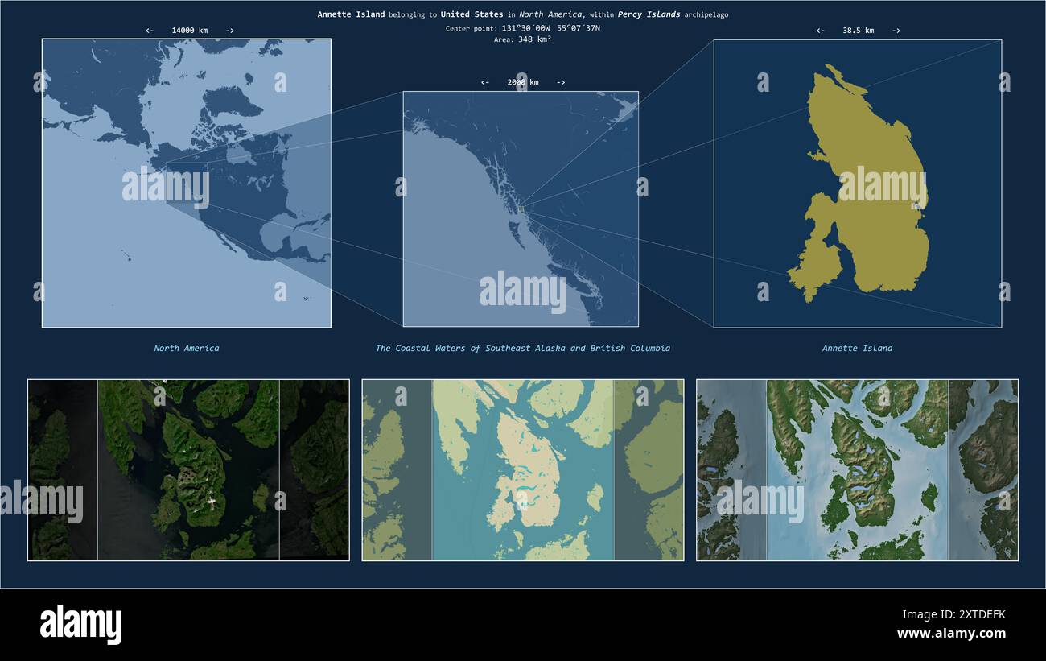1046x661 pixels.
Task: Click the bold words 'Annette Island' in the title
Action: click(351, 14)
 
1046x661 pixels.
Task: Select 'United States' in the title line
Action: click(472, 14)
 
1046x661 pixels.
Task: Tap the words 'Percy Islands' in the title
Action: click(649, 14)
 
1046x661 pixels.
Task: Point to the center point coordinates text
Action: click(522, 28)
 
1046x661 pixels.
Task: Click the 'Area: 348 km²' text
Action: click(522, 39)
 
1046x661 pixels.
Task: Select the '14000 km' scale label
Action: click(189, 31)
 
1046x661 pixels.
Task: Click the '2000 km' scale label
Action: click(522, 82)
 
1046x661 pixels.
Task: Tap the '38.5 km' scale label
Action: click(858, 31)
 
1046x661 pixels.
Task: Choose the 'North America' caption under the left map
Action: click(187, 349)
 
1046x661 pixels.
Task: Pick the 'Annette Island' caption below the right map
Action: click(857, 349)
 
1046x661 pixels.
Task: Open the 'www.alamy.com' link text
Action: click(951, 634)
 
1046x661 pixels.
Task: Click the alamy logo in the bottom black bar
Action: click(80, 625)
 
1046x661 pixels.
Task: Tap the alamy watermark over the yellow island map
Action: click(882, 185)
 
